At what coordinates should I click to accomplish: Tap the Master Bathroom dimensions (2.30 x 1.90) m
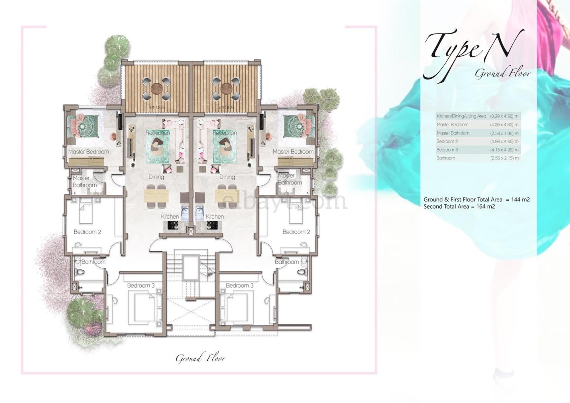tap(504, 133)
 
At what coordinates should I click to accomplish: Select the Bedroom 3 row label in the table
tap(447, 150)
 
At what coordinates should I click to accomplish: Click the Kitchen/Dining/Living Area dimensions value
tap(504, 116)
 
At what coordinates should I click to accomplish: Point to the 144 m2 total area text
tap(520, 200)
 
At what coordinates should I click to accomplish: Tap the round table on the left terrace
tap(156, 88)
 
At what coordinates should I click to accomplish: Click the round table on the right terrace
tap(225, 88)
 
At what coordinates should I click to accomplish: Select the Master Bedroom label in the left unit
tap(88, 152)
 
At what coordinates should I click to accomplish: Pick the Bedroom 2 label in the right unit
tap(296, 232)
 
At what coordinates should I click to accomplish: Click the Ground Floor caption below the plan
tap(200, 358)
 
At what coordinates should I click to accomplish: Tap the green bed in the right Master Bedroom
tap(296, 125)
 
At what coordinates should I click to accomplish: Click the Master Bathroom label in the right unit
tap(289, 179)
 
